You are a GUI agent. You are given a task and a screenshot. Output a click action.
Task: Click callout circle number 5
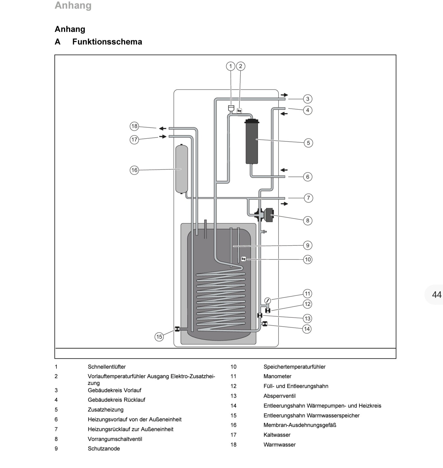point(308,143)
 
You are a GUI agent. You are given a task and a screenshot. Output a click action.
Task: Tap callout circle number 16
point(134,170)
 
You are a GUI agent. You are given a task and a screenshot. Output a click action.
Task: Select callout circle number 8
point(308,221)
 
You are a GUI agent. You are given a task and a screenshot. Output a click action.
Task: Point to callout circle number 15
point(159,337)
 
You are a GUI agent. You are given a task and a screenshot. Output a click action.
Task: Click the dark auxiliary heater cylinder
point(252,142)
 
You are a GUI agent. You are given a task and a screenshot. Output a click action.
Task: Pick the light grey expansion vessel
point(182,169)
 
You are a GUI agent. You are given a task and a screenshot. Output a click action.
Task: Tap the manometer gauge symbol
point(268,300)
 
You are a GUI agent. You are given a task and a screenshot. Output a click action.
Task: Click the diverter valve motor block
point(269,215)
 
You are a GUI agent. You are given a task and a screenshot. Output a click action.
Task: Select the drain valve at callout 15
point(177,329)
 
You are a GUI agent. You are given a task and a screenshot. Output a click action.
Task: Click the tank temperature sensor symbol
point(243,259)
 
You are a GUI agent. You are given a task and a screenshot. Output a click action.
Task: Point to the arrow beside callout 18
point(163,128)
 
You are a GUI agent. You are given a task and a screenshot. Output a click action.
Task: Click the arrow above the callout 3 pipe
point(284,95)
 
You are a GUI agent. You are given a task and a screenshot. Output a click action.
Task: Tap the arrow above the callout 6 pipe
point(284,170)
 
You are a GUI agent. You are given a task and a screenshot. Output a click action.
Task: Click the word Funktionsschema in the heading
point(107,42)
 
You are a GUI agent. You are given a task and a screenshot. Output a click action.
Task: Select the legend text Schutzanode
point(104,448)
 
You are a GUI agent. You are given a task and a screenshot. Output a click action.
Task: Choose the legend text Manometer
point(277,376)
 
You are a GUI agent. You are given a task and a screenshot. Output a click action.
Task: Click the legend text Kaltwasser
point(277,435)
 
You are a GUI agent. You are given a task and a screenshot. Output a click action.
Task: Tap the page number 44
point(437,295)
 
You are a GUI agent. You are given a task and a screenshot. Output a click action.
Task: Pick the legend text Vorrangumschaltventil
point(115,439)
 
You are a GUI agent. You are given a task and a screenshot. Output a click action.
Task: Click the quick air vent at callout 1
point(231,108)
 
